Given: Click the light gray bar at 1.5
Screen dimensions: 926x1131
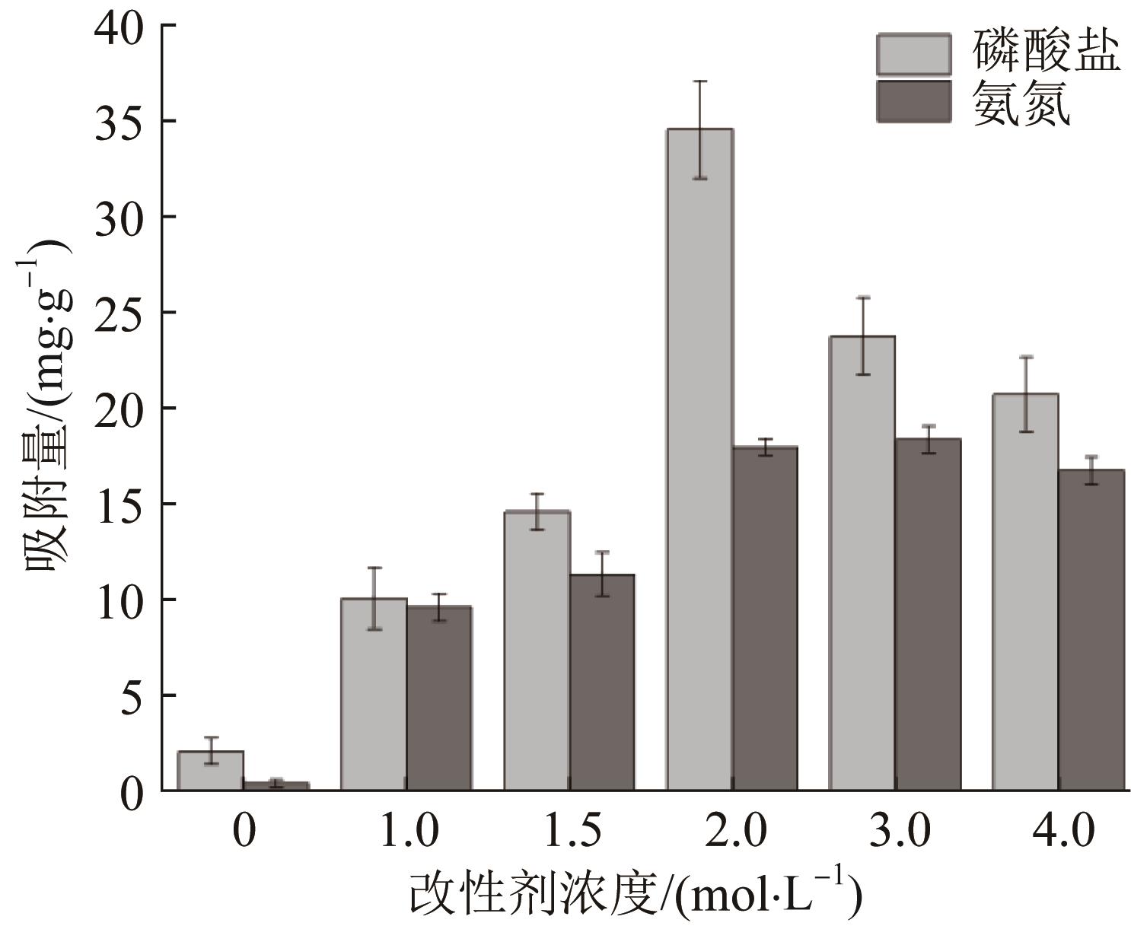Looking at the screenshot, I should click(x=537, y=651).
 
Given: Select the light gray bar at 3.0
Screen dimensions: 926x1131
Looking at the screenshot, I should click(x=862, y=563).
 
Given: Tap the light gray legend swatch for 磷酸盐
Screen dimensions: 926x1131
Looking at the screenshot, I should click(x=913, y=54).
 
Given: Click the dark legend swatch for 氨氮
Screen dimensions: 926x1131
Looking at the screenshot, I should click(x=913, y=101).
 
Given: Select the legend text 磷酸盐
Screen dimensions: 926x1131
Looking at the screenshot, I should click(x=1046, y=53).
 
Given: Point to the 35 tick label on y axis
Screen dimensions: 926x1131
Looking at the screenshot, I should click(x=119, y=121).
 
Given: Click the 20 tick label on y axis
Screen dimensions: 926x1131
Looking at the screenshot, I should click(x=119, y=409).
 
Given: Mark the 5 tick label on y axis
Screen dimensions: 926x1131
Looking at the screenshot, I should click(x=132, y=695).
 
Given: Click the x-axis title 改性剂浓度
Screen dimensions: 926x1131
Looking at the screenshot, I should click(x=533, y=892).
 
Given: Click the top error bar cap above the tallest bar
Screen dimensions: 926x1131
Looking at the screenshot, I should click(x=700, y=81).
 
